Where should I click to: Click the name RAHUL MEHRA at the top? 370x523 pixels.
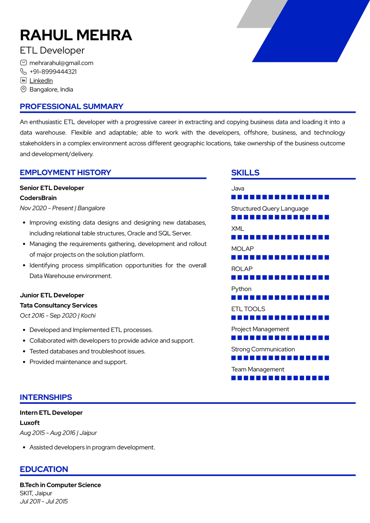coord(76,35)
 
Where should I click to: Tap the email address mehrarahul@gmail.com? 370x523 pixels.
coord(61,63)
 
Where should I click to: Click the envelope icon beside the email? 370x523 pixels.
coord(23,63)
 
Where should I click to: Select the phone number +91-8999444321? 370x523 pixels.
coord(53,72)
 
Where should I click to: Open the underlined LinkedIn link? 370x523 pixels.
coord(41,81)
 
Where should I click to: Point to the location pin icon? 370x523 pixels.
coord(23,89)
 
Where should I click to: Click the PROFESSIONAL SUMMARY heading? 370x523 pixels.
coord(71,106)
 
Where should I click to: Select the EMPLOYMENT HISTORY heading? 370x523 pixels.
coord(65,173)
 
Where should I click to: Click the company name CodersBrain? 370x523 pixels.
coord(38,198)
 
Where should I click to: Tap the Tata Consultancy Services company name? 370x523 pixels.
coord(58,305)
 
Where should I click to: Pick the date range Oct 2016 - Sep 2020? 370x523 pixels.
coord(48,316)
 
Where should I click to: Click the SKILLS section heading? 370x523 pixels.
coord(245,173)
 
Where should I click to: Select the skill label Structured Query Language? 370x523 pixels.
coord(270,208)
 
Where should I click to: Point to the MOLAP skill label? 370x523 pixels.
coord(242,249)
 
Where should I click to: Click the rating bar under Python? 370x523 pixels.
coord(280,298)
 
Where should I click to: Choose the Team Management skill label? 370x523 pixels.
coord(258,369)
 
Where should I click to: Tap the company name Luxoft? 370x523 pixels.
coord(30,423)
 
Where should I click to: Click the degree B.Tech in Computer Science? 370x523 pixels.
coord(60,485)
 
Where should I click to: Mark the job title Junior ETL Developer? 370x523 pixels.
coord(52,295)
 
